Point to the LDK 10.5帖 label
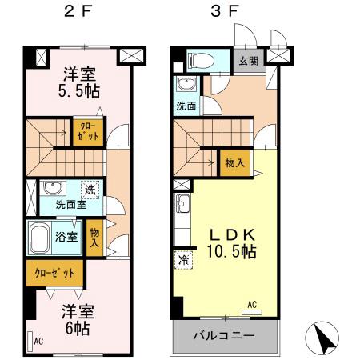pos(232,243)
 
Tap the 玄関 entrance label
pos(248,60)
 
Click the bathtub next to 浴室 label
pos(42,237)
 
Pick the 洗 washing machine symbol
pos(90,190)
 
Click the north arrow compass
pos(329,338)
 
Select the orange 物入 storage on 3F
pos(234,162)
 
